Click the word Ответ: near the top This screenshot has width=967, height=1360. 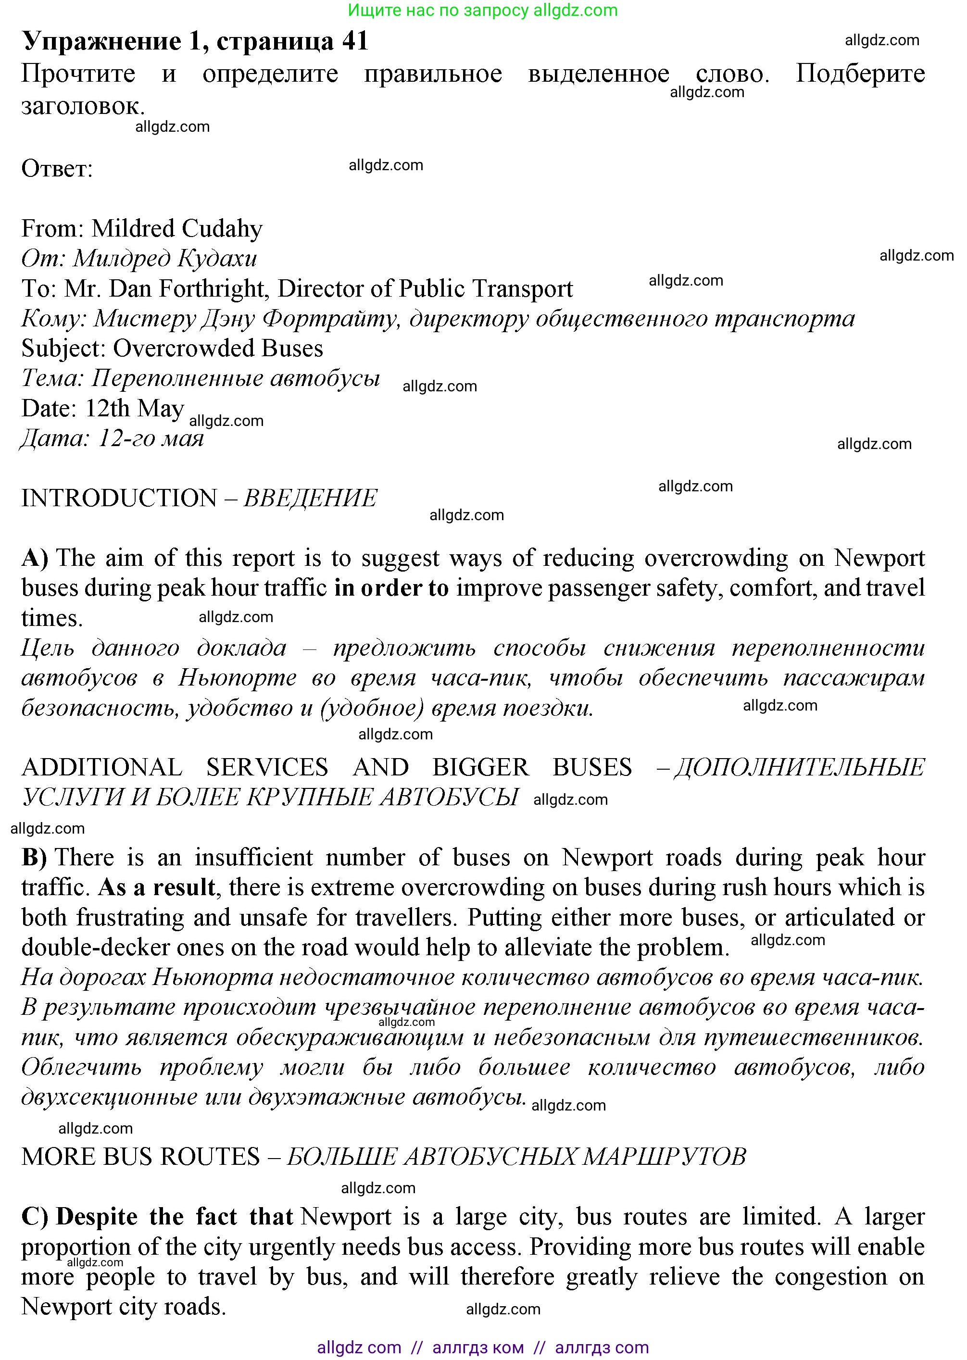[x=57, y=169]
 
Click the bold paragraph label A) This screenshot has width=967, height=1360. [x=35, y=558]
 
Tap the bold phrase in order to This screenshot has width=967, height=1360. [x=391, y=588]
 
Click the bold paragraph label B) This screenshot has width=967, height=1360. [x=34, y=858]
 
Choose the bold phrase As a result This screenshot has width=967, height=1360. [x=156, y=888]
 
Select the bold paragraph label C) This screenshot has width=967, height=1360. [x=34, y=1217]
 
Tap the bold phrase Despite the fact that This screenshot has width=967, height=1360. [x=175, y=1217]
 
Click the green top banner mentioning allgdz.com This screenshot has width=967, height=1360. [x=482, y=10]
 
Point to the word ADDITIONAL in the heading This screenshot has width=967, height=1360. [x=102, y=768]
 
